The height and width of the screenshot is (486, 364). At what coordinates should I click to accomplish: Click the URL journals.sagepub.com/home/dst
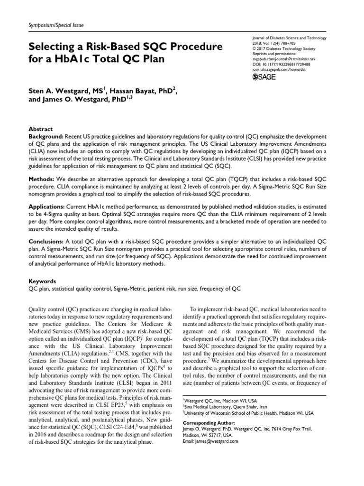[x=277, y=67]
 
